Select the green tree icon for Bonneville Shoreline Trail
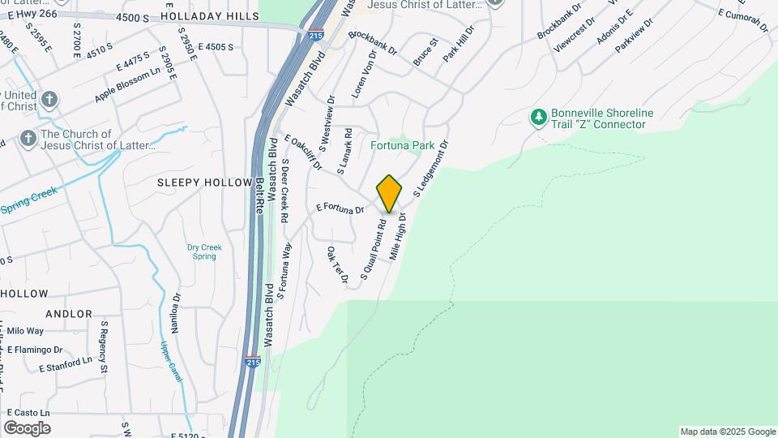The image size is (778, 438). [538, 118]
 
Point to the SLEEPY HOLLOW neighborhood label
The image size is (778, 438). [205, 182]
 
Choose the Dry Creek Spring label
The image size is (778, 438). [202, 251]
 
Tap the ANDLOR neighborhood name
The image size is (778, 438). [69, 313]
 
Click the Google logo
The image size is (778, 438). [27, 428]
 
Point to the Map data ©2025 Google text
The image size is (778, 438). [727, 432]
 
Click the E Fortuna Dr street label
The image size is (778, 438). [340, 209]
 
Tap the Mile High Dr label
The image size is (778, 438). [396, 236]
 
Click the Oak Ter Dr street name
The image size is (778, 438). [337, 266]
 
